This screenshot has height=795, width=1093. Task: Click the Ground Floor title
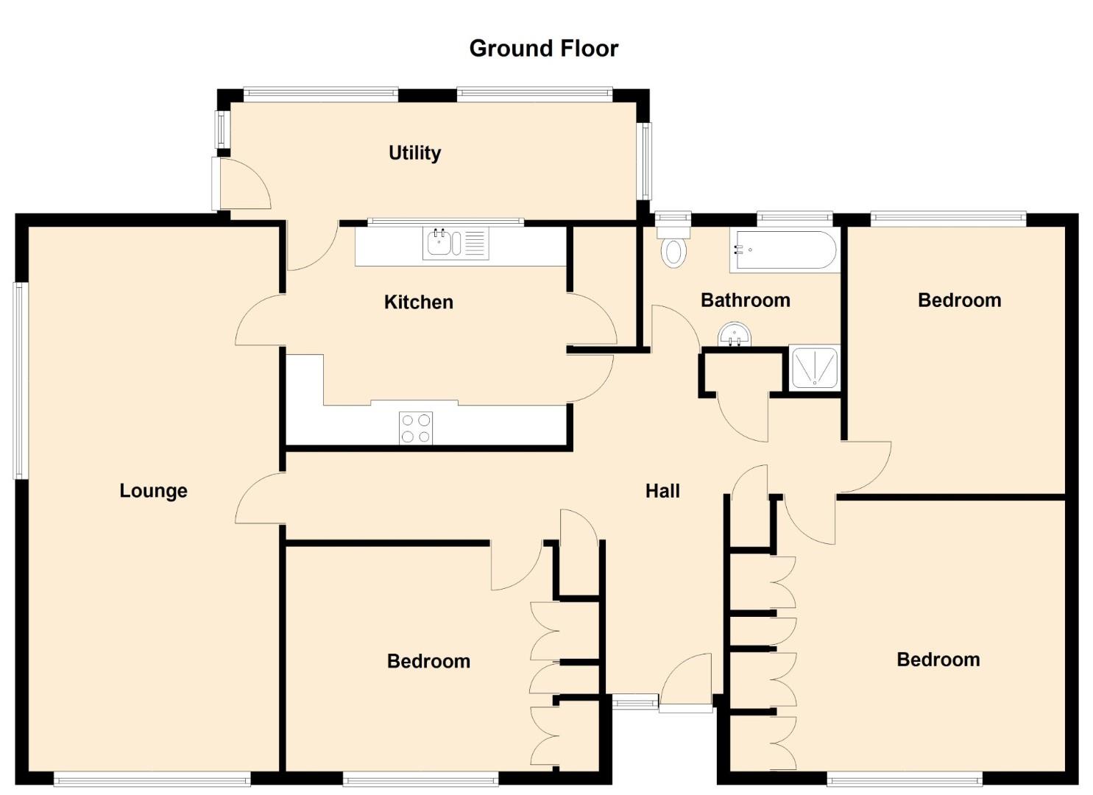(544, 49)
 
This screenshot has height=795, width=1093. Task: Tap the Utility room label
(415, 153)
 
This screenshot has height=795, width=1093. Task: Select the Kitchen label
(418, 302)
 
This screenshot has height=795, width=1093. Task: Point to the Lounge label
(153, 491)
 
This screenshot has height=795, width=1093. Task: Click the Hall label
(662, 491)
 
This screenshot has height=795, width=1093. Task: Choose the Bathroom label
(745, 300)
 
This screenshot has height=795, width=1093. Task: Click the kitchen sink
(456, 244)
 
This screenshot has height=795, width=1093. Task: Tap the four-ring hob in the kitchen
(416, 428)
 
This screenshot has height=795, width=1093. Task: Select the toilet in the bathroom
(673, 244)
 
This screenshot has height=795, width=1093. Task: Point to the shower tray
(814, 368)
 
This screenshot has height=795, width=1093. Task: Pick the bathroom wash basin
(735, 334)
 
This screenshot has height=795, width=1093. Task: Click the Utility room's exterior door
(241, 183)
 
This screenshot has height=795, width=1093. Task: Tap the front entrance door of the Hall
(685, 683)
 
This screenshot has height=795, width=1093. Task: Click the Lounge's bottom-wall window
(152, 778)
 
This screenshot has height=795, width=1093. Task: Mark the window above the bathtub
(794, 217)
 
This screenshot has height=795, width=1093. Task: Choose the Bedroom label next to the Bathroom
(959, 300)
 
